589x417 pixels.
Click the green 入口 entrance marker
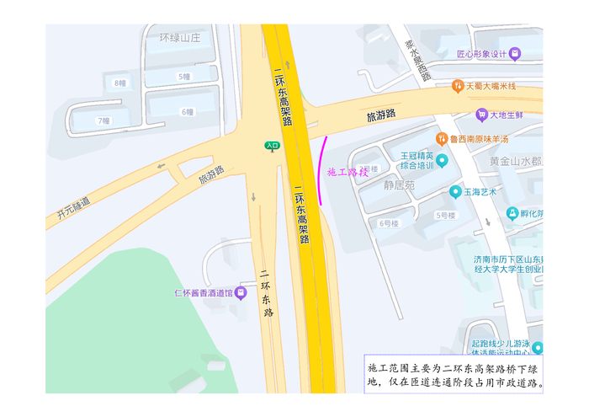point(272,146)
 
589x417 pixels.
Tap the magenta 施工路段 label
point(348,171)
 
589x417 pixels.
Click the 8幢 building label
point(120,83)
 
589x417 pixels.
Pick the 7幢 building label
point(103,120)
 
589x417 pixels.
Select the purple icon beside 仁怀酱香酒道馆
point(241,293)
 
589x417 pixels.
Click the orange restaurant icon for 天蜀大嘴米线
point(457,86)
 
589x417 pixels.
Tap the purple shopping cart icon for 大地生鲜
point(481,115)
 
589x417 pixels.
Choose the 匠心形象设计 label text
point(483,55)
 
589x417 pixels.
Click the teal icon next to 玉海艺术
point(455,191)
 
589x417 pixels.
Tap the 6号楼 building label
point(388,223)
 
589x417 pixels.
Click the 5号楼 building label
point(445,215)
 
